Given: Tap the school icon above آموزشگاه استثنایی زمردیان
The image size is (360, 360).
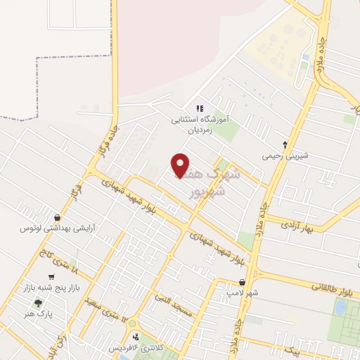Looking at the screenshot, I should pyautogui.click(x=200, y=108).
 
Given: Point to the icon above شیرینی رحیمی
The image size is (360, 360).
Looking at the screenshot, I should pyautogui.click(x=285, y=143).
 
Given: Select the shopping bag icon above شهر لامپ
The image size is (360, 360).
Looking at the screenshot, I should pyautogui.click(x=243, y=281).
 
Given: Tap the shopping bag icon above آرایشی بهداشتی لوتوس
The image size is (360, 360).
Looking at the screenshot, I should pyautogui.click(x=57, y=218).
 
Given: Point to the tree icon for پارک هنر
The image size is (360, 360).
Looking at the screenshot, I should pyautogui.click(x=38, y=304).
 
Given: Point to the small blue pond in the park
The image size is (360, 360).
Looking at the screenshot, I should pyautogui.click(x=342, y=307).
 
